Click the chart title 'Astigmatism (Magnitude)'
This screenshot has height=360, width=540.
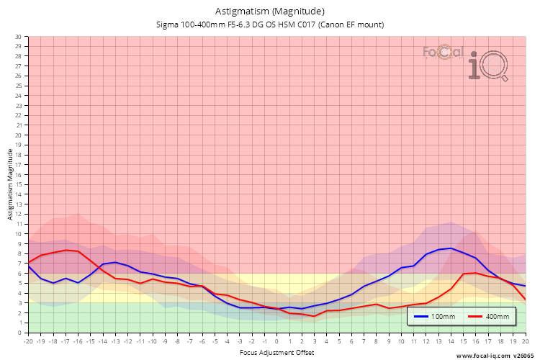click(269, 12)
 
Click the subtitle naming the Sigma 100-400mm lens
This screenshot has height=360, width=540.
click(269, 24)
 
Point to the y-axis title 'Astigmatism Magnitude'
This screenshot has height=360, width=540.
click(10, 184)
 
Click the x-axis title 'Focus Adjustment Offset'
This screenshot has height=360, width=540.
click(276, 354)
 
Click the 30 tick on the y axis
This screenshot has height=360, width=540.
click(19, 37)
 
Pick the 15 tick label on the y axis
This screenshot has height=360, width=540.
click(19, 184)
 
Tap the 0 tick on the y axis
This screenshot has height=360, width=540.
click(20, 333)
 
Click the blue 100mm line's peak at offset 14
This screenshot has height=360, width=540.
click(451, 248)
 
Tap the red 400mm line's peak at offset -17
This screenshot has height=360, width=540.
click(66, 250)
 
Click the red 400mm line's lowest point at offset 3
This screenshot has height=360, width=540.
click(314, 316)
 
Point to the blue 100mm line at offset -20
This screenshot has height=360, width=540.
click(28, 265)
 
